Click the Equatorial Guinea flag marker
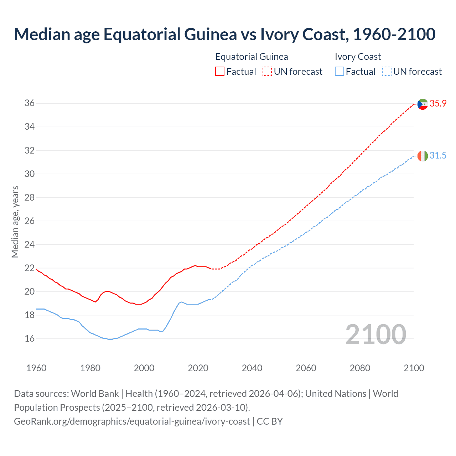coord(423,104)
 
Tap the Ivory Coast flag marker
coord(423,156)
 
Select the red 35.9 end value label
coord(438,103)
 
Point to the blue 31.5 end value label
coord(438,155)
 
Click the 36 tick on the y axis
coord(30,103)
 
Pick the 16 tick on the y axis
coord(30,338)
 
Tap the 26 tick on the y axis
coord(30,221)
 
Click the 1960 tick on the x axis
coord(36,368)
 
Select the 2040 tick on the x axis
coord(252,368)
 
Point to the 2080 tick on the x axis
coord(360,368)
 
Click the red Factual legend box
coord(220,71)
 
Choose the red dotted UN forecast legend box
coord(267,71)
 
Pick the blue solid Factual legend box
coord(340,71)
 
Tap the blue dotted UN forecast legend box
coord(387,71)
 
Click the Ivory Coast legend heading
coord(358,57)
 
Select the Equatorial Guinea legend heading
coord(252,57)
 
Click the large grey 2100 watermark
coord(375,334)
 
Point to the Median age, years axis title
coord(15,222)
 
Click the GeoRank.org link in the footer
coord(132,421)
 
